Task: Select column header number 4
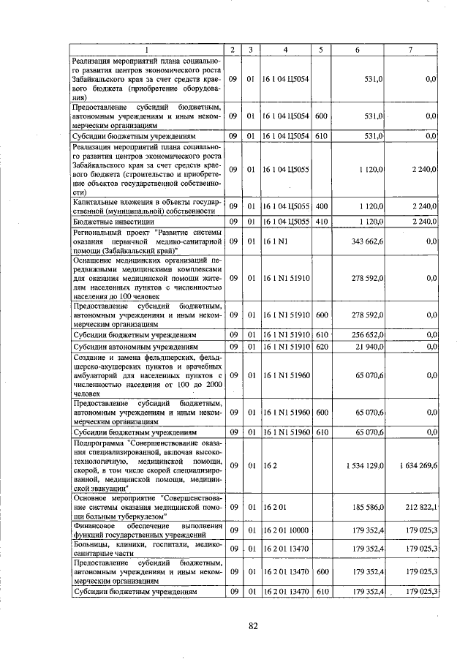285,50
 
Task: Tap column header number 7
410,50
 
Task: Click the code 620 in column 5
320,346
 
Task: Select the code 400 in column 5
320,207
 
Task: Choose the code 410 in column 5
320,221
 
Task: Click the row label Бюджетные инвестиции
107,221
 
